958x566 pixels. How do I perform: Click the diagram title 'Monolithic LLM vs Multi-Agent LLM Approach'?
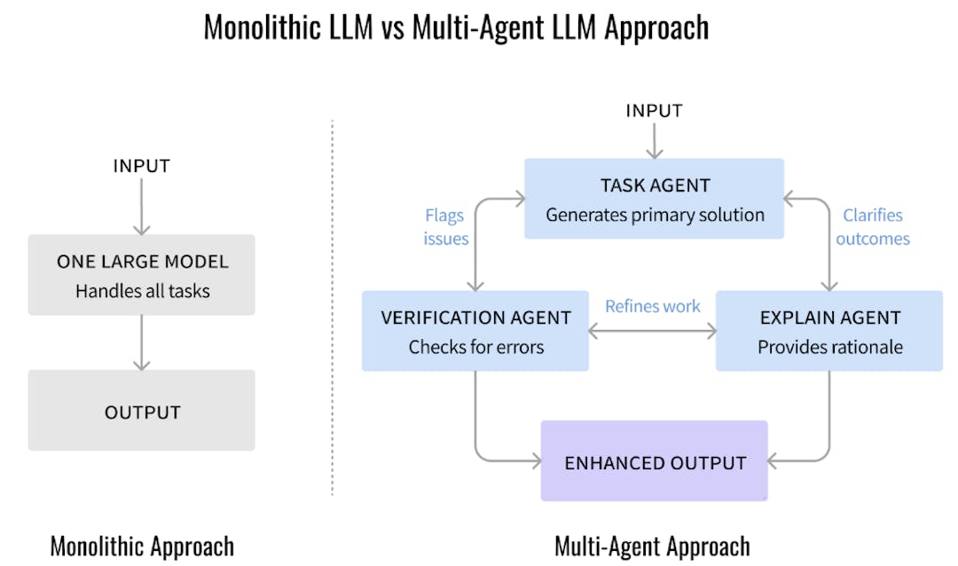point(456,27)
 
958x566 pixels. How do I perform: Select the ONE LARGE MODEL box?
point(142,275)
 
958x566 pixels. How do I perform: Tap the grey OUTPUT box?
point(142,411)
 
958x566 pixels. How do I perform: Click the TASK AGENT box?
point(654,199)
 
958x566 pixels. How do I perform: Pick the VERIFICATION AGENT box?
point(475,331)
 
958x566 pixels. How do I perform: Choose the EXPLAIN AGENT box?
point(829,331)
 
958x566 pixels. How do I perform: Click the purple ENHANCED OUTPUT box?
point(655,461)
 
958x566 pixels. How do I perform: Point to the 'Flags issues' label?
point(446,227)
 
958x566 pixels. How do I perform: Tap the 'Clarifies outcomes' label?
point(872,227)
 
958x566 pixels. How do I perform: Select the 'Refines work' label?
point(653,306)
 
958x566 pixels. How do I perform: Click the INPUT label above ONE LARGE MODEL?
point(141,166)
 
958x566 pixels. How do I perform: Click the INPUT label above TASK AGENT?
point(654,111)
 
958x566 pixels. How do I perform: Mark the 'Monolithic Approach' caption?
point(142,546)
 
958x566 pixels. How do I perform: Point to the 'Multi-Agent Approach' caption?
point(652,546)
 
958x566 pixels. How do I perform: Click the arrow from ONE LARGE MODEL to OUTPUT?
point(141,342)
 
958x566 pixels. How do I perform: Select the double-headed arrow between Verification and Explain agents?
point(653,332)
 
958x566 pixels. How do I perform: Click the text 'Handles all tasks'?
point(142,291)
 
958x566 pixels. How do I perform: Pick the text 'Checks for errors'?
point(475,348)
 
